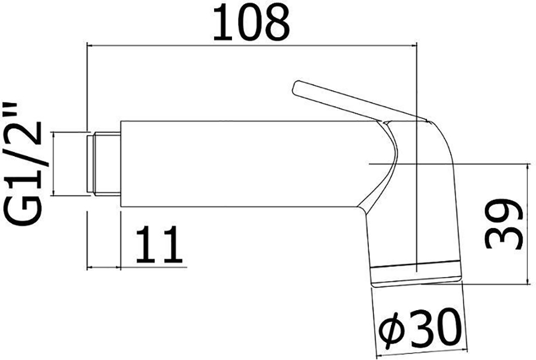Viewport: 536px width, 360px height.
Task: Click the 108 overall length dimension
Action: coord(251,23)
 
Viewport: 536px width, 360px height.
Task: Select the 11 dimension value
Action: coord(159,244)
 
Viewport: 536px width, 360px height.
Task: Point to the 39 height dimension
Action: coord(504,224)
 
